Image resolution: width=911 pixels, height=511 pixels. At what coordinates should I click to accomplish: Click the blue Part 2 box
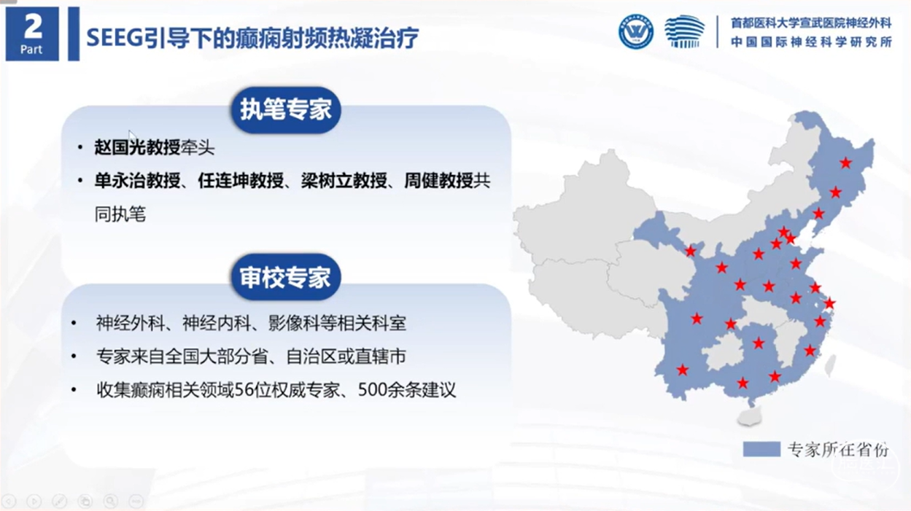pyautogui.click(x=32, y=34)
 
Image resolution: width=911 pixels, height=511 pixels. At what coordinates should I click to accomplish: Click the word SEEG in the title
pyautogui.click(x=115, y=38)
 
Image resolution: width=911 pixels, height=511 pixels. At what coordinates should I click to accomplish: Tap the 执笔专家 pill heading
pyautogui.click(x=286, y=110)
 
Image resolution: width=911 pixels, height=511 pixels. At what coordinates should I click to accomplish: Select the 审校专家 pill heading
pyautogui.click(x=286, y=277)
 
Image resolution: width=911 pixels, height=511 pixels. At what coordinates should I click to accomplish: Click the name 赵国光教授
pyautogui.click(x=137, y=147)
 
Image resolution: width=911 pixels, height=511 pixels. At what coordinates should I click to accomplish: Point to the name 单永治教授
pyautogui.click(x=137, y=181)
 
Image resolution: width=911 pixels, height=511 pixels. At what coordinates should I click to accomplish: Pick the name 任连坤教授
pyautogui.click(x=241, y=181)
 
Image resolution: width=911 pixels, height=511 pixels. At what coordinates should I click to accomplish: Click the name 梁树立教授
pyautogui.click(x=344, y=181)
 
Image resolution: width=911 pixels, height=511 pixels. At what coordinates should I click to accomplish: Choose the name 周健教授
pyautogui.click(x=438, y=181)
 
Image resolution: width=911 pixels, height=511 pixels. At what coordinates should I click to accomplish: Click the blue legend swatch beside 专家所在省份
pyautogui.click(x=761, y=449)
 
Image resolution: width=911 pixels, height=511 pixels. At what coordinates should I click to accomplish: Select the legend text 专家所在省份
pyautogui.click(x=838, y=449)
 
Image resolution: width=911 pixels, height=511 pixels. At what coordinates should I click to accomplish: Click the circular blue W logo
pyautogui.click(x=636, y=31)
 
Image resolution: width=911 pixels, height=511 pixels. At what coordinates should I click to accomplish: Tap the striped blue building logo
pyautogui.click(x=685, y=31)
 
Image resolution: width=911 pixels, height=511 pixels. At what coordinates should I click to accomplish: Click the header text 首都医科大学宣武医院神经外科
pyautogui.click(x=811, y=23)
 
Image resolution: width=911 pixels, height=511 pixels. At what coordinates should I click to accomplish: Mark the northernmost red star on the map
pyautogui.click(x=846, y=163)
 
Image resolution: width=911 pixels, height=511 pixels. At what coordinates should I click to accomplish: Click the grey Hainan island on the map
pyautogui.click(x=749, y=416)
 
